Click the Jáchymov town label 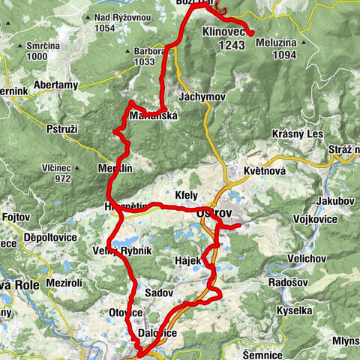pos(198,97)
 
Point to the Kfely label pos(185,194)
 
